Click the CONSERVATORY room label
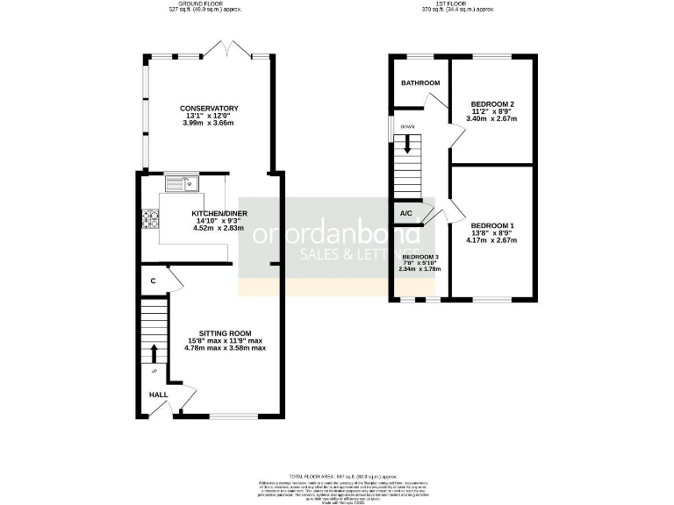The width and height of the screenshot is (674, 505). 212,108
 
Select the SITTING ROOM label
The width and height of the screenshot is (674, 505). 225,333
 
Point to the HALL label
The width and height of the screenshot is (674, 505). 158,395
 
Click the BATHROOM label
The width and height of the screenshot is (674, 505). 420,83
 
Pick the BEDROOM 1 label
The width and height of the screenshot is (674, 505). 491,225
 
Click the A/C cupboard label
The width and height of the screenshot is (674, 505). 406,214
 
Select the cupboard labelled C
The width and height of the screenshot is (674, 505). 153,281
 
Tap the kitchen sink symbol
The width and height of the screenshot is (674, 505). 183,183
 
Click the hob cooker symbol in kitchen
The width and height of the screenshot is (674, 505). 147,219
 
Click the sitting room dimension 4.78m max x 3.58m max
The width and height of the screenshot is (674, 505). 225,348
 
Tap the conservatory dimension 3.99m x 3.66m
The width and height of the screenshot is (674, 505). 212,123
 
